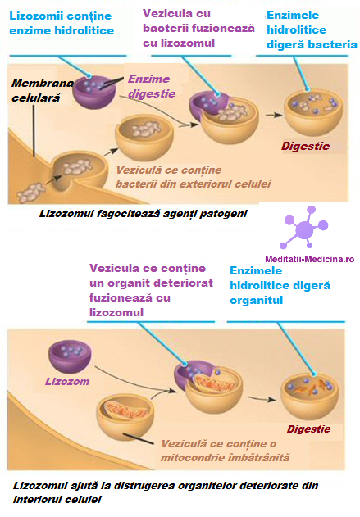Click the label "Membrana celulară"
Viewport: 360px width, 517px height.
(x=43, y=90)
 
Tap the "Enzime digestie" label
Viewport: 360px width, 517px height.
(x=152, y=86)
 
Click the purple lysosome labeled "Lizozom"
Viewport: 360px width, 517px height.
(x=70, y=356)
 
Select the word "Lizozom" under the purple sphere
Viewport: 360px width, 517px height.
(x=67, y=382)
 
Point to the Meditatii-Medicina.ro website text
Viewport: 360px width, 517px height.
(x=309, y=259)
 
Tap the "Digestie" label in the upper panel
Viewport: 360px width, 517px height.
(x=305, y=146)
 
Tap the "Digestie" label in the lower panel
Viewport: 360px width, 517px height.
(x=308, y=429)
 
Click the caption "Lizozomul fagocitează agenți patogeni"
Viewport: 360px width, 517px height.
(x=144, y=214)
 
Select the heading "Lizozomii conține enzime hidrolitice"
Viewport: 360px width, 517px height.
(x=62, y=23)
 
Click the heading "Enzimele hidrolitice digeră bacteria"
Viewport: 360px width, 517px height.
(x=312, y=29)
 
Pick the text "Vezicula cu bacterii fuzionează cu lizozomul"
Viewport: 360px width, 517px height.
(x=198, y=29)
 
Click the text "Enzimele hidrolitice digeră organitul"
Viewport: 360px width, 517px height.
(x=280, y=285)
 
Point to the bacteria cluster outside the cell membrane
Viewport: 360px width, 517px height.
(x=30, y=192)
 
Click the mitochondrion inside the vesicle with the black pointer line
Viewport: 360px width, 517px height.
(x=126, y=410)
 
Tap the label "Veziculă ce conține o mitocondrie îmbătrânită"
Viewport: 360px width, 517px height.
(x=225, y=451)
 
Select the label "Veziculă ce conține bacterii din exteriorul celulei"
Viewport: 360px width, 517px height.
(x=194, y=177)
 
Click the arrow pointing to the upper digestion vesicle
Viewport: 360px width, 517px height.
(x=274, y=115)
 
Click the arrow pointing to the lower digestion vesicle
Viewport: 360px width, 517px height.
(x=262, y=398)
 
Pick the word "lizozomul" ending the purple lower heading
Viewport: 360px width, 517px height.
(x=116, y=312)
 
